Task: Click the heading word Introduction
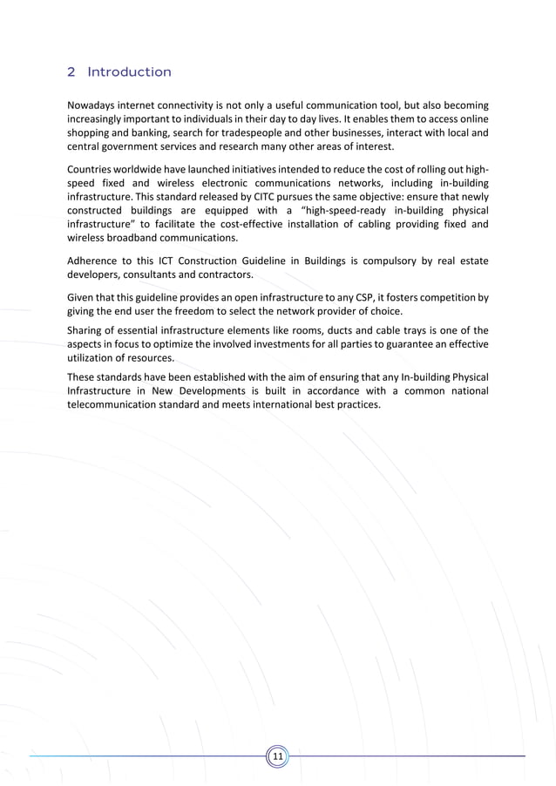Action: [x=129, y=72]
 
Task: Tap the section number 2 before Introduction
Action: [x=71, y=72]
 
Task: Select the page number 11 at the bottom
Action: [x=278, y=756]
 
